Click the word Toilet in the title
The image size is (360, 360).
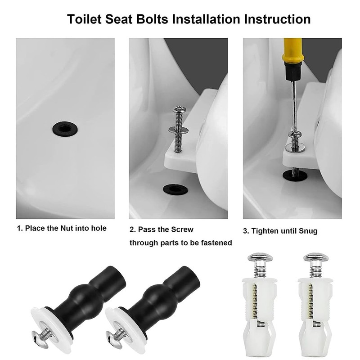84,19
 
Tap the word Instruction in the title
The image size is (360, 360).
277,19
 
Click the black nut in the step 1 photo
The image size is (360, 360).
65,129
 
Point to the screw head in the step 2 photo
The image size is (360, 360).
179,109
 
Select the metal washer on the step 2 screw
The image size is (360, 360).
178,130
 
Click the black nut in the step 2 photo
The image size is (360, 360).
175,189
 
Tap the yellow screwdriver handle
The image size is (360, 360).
292,50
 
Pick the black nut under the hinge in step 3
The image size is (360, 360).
295,175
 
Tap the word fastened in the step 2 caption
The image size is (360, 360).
217,243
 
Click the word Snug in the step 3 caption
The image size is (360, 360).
308,231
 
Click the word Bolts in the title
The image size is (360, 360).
152,19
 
